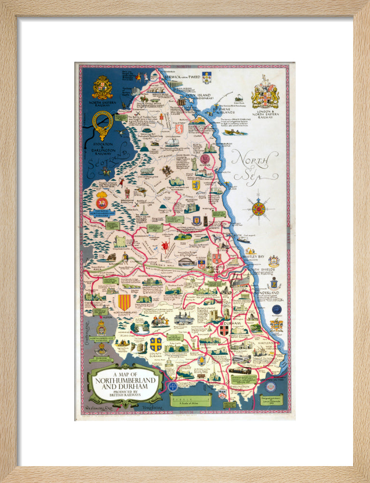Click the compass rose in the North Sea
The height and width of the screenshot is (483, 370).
(x=259, y=209)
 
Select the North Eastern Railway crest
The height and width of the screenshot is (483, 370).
(x=102, y=87)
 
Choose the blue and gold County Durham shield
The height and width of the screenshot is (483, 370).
(x=155, y=344)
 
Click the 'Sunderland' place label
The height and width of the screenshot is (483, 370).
(x=267, y=293)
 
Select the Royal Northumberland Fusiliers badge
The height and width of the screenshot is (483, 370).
(x=102, y=200)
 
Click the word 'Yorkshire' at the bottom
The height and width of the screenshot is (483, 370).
(x=153, y=408)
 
